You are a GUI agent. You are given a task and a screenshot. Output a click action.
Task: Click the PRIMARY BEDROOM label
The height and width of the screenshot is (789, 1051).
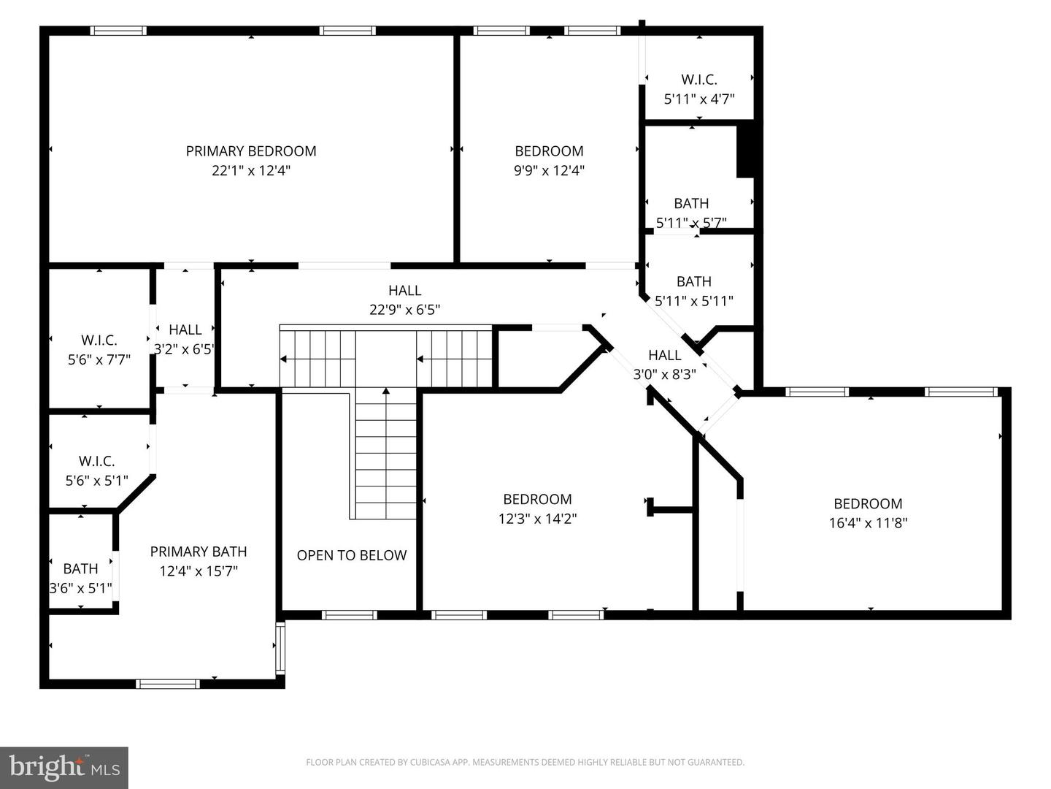tap(251, 151)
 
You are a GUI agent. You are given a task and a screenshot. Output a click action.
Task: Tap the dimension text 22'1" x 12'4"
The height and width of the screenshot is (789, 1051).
tap(251, 171)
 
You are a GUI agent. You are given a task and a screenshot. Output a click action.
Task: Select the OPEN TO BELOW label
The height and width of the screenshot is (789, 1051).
tap(351, 555)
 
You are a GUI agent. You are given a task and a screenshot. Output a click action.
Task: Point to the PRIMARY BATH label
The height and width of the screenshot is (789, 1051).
tap(199, 552)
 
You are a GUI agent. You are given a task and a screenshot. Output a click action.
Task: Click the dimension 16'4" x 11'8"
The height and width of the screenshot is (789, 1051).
tap(868, 523)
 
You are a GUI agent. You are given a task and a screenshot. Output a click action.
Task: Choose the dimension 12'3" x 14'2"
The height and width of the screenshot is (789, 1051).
tap(537, 519)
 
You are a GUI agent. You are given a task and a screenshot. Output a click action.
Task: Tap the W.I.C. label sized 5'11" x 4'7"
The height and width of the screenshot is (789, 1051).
tap(698, 80)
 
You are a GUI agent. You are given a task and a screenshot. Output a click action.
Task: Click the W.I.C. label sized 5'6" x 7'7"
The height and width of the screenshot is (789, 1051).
tap(99, 340)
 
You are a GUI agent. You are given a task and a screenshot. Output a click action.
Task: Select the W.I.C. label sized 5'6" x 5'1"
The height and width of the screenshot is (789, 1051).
tap(96, 462)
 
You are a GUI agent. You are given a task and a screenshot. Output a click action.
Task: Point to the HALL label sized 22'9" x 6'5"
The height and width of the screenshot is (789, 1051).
tap(404, 291)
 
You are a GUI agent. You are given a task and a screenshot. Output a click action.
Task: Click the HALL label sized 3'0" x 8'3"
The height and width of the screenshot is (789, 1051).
tap(664, 356)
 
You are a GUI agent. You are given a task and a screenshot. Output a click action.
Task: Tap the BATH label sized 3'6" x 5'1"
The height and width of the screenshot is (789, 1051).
tap(80, 568)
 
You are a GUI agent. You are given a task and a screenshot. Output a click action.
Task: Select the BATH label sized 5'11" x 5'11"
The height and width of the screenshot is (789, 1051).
tap(693, 281)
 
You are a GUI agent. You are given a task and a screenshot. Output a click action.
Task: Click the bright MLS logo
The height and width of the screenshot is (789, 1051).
tap(64, 767)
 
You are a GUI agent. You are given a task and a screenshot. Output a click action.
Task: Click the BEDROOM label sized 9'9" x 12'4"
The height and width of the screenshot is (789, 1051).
tap(549, 151)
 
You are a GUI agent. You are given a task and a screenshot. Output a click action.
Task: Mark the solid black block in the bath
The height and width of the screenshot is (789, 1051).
tap(745, 151)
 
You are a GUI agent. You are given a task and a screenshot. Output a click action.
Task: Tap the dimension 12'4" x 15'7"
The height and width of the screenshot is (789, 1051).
tap(199, 571)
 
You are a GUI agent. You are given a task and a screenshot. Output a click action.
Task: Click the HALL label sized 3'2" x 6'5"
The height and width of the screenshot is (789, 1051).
tap(185, 330)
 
